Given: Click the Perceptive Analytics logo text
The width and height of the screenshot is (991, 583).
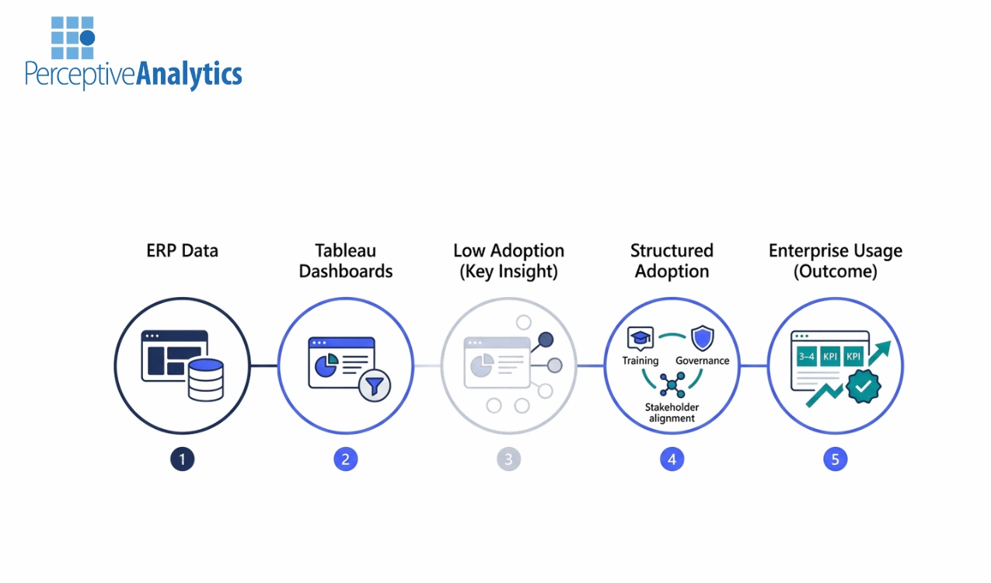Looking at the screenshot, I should tap(133, 75).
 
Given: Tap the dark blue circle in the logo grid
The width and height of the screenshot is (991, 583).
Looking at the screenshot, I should tap(87, 37).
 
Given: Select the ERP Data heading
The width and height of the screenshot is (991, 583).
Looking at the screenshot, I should tap(182, 251).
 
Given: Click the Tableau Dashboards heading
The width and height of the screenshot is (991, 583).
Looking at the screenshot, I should tap(345, 261).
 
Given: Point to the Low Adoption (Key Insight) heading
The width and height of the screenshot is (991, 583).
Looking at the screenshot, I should tap(508, 261).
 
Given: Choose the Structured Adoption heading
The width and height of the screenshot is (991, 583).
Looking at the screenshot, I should tap(672, 261).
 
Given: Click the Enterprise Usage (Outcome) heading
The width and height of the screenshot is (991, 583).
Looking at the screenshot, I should tap(835, 261).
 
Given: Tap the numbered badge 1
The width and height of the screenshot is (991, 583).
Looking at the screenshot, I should tap(182, 459).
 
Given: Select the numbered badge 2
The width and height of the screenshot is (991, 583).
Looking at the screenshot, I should tap(345, 459).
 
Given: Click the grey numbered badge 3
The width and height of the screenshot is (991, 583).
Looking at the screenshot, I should tap(508, 459).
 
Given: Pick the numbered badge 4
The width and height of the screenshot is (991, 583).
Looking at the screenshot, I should tap(672, 459).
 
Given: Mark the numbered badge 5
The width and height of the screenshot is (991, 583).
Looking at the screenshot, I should tap(835, 459).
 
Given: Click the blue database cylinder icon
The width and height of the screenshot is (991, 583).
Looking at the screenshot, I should tap(205, 379).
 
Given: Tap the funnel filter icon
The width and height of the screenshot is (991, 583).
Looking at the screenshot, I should tap(374, 384).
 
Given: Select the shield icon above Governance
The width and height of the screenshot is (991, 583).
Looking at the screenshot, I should tap(702, 339).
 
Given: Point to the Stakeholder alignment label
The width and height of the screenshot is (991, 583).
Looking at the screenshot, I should tap(672, 413).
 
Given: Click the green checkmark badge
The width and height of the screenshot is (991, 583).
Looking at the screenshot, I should tap(863, 386).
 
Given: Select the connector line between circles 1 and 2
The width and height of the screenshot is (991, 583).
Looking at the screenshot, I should tap(263, 365).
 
